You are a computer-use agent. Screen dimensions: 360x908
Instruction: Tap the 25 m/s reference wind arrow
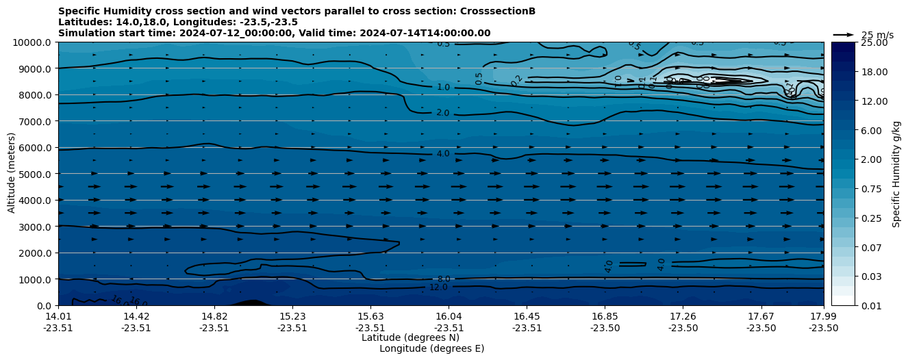pos(844,34)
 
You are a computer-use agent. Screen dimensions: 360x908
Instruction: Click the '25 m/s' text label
pos(877,35)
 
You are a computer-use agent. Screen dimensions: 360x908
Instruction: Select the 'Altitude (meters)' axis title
pos(12,174)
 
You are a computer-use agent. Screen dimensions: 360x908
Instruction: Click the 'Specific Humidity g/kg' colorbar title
pos(896,174)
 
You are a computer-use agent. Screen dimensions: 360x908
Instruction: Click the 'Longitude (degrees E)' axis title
pos(431,348)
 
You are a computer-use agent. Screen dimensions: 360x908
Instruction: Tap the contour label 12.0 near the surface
pos(438,287)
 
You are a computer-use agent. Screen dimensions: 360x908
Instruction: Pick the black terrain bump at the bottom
pos(251,303)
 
